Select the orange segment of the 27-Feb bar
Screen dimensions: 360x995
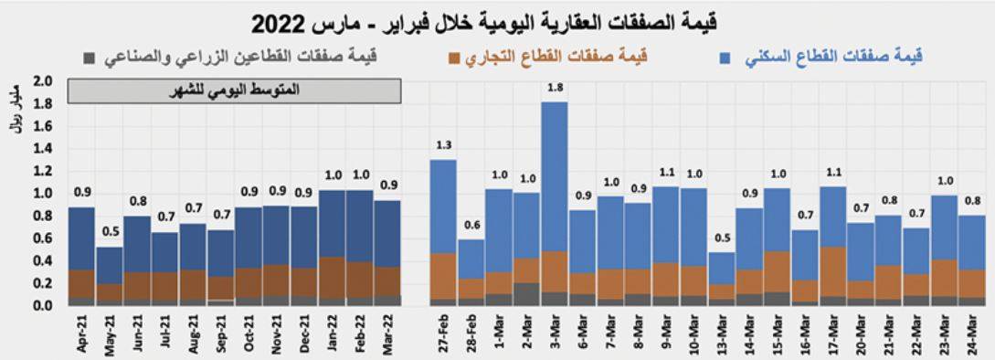point(443,276)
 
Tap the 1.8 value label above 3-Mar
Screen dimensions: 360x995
point(555,89)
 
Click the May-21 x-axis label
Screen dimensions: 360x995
point(110,334)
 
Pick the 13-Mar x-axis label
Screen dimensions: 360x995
point(722,334)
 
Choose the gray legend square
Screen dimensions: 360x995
point(88,59)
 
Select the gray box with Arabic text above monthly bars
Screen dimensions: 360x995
point(234,91)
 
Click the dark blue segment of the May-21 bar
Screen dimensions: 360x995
point(110,265)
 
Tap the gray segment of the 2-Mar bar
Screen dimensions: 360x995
point(526,294)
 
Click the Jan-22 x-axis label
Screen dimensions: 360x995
point(332,334)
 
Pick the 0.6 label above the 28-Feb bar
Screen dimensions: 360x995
point(471,225)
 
